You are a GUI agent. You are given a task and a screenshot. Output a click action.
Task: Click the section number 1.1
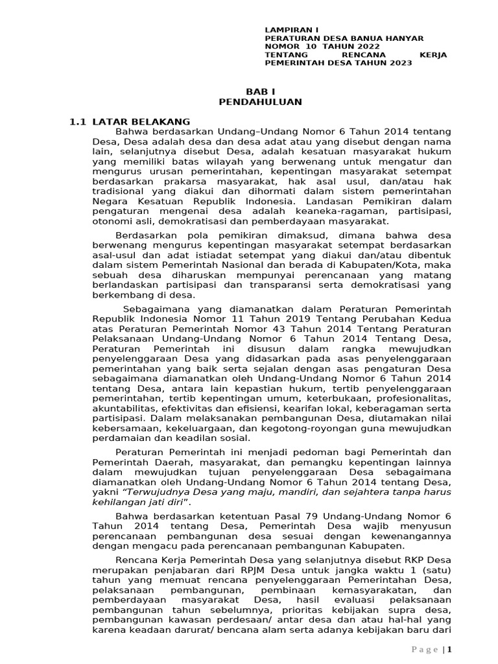[x=78, y=121]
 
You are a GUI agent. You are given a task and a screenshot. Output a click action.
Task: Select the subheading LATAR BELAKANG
[x=141, y=121]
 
